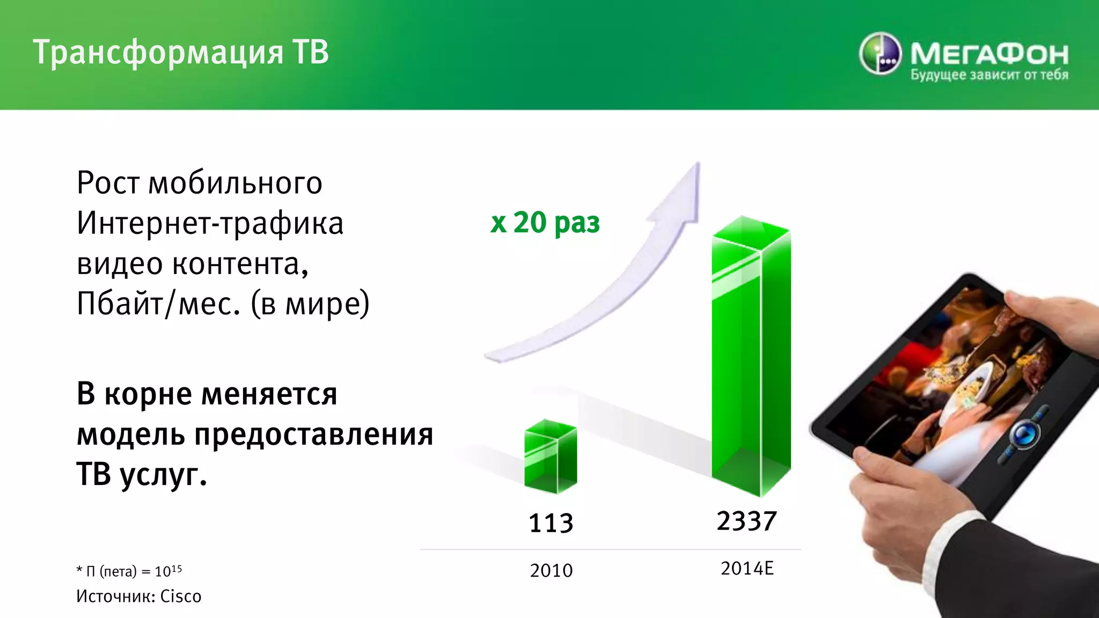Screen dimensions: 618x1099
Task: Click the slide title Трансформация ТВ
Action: [181, 53]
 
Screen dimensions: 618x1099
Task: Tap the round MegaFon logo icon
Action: [880, 54]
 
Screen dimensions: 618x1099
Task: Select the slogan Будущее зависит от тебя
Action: [989, 75]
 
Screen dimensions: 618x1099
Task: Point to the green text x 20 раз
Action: [545, 222]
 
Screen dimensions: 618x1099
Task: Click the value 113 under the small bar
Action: [551, 523]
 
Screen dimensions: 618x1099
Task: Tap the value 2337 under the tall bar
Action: [746, 521]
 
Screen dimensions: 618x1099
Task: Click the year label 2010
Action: [551, 570]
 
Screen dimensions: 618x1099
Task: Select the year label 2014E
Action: [747, 569]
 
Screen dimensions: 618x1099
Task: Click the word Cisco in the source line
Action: [181, 597]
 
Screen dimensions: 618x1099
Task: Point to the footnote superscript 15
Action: [176, 568]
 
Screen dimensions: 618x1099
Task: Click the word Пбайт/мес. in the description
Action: [158, 304]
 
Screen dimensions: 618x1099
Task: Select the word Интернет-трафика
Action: [210, 223]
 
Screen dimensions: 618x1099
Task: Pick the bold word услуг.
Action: [163, 475]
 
